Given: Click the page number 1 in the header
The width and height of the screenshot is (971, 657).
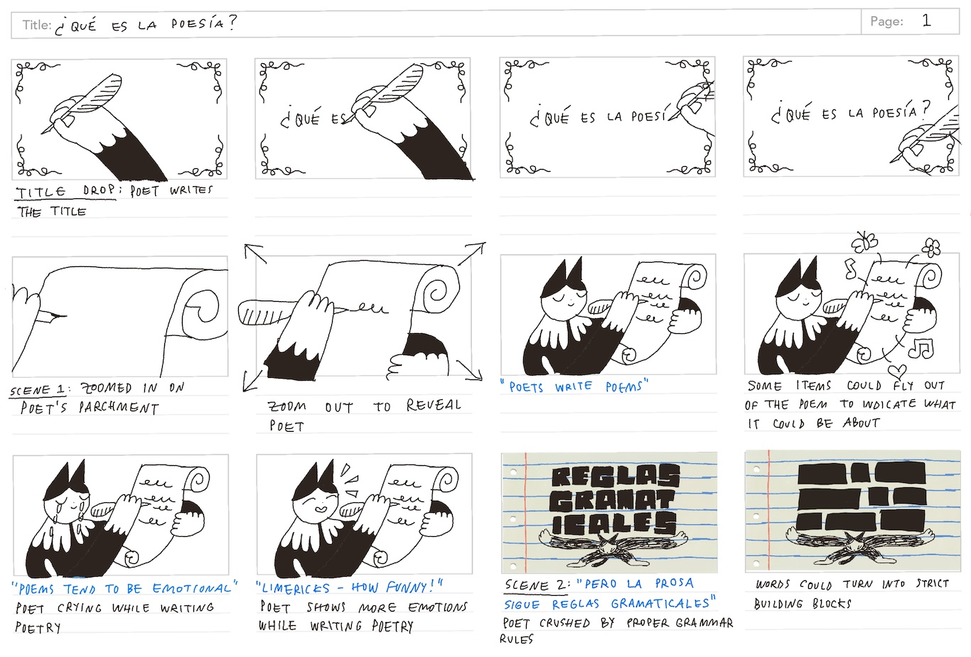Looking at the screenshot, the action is coord(926,21).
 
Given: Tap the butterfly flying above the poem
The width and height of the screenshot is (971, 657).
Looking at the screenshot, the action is coord(864,241).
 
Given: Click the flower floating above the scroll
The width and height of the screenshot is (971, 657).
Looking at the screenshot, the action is coord(930,248).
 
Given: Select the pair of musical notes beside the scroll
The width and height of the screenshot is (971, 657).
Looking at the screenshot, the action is coord(921,349).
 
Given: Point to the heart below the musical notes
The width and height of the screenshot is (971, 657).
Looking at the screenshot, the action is coord(897,371).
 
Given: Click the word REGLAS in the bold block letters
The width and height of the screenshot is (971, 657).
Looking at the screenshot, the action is coord(616,477).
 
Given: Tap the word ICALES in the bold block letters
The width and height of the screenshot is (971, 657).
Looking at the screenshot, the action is coord(614,523).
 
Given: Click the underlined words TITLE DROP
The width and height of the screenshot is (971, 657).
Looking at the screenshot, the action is coord(65,192).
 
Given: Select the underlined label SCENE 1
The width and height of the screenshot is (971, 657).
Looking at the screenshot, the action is coord(37,390).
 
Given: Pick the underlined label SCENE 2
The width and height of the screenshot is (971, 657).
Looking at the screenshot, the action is coord(537,585).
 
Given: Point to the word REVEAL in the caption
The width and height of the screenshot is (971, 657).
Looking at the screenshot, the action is coord(434,405).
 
